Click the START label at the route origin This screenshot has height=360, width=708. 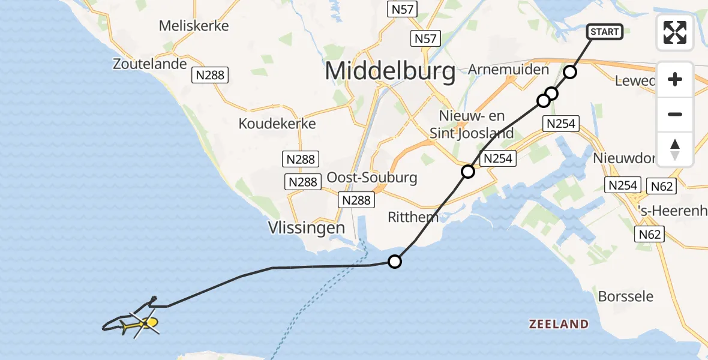(605, 32)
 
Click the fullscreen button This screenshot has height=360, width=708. (675, 32)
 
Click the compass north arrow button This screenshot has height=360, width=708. (675, 149)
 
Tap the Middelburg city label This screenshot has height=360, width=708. (390, 71)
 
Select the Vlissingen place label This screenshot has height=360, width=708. (307, 228)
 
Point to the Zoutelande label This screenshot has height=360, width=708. (150, 64)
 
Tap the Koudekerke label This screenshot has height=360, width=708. (277, 123)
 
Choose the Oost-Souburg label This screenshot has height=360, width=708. (372, 178)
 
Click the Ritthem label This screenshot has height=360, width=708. (413, 217)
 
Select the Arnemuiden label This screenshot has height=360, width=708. (508, 70)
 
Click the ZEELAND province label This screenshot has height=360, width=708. (559, 325)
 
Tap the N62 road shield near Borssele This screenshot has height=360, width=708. (650, 234)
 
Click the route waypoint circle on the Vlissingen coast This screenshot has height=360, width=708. (395, 261)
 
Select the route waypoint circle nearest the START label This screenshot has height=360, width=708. (570, 73)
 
